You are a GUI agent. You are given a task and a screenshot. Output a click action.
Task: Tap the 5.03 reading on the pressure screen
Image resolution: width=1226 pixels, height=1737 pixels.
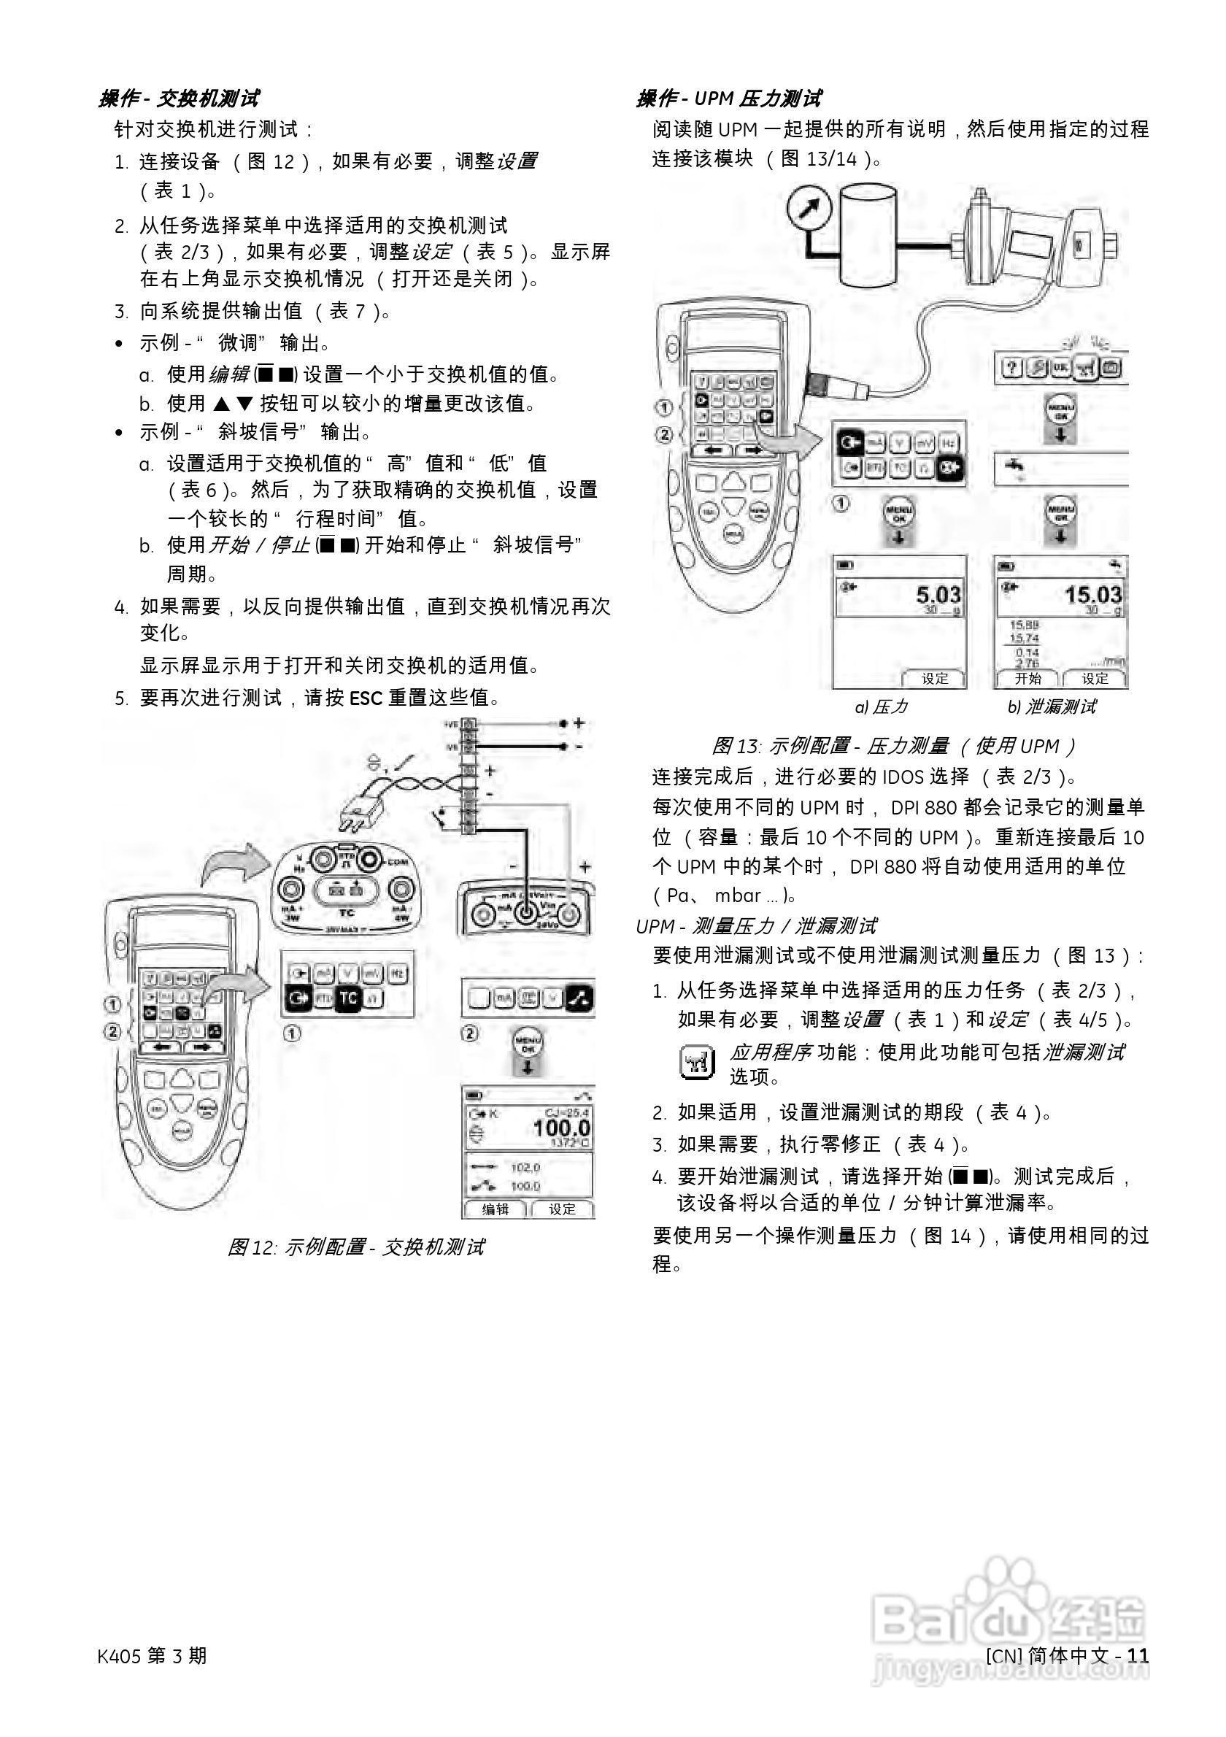coord(938,595)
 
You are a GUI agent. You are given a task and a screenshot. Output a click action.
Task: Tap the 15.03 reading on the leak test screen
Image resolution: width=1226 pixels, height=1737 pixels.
coord(1094,595)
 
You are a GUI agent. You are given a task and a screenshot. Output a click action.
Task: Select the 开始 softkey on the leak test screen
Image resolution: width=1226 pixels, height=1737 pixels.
coord(1027,679)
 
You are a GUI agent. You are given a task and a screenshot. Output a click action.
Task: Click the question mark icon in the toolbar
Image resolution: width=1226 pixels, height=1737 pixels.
coord(1012,369)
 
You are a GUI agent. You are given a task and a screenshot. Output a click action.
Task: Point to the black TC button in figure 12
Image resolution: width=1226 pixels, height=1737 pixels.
coord(347,998)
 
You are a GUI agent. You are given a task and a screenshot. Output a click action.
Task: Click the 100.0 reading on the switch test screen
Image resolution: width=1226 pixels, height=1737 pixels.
coord(560,1129)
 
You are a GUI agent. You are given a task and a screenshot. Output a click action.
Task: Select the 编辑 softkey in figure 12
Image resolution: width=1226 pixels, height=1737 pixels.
coord(496,1209)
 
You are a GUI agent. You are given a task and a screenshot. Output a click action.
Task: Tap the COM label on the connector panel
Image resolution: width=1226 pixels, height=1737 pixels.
coord(398,862)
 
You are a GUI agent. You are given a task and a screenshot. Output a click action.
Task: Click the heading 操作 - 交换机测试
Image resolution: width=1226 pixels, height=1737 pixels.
coord(180,99)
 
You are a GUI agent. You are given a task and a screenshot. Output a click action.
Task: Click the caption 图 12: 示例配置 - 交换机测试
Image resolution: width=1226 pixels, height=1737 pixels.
coord(355,1247)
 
